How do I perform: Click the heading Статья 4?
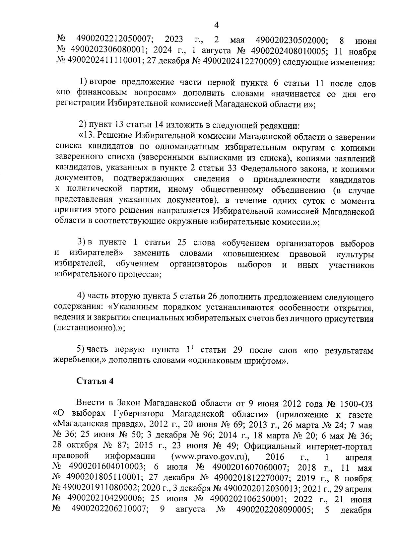(95, 381)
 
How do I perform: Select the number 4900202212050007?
(114, 39)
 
